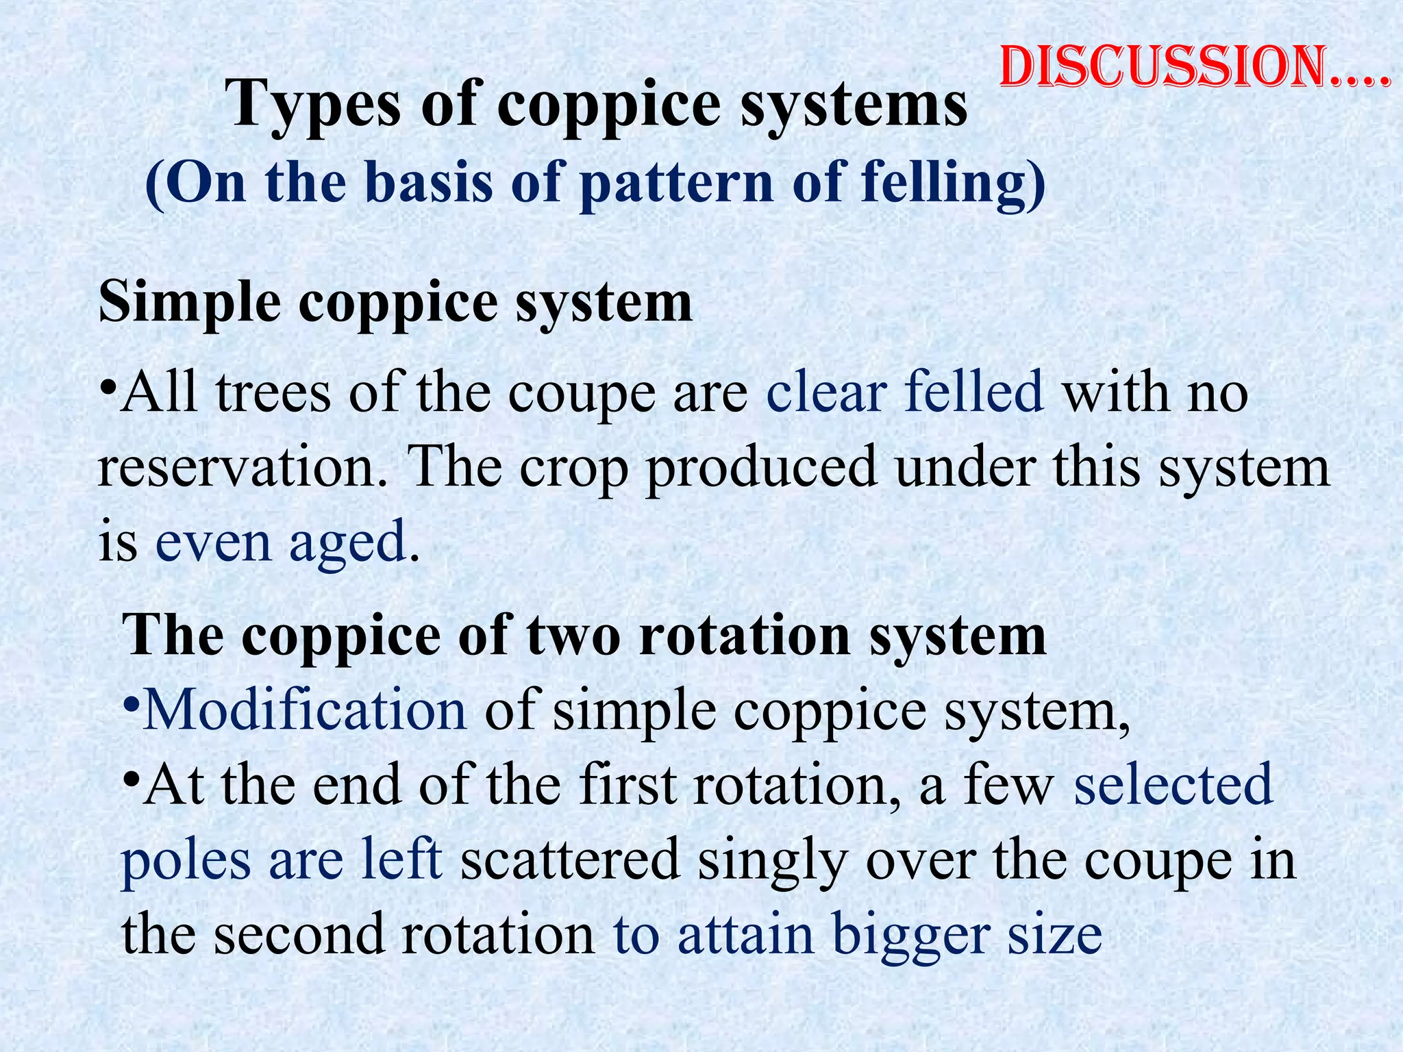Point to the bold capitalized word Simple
click(190, 302)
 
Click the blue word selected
click(1173, 786)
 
